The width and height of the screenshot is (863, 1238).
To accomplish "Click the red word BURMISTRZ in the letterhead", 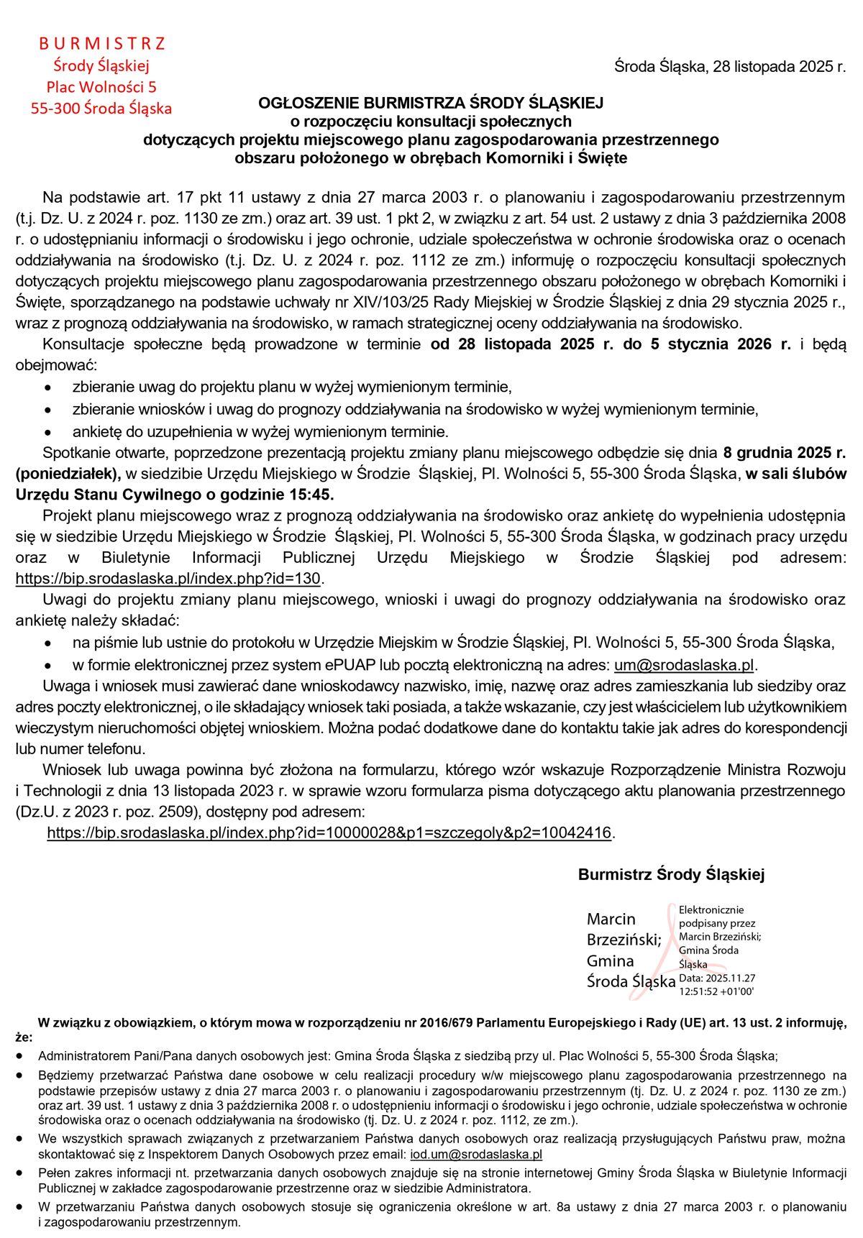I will [101, 44].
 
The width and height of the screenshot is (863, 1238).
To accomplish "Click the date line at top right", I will [730, 68].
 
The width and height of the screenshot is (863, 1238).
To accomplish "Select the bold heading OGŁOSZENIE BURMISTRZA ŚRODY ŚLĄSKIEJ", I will [431, 103].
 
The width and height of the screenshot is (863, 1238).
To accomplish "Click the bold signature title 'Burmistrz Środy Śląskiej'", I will [671, 874].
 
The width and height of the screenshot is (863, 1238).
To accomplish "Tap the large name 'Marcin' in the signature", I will [611, 919].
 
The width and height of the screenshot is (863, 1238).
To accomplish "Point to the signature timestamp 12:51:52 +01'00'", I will [716, 991].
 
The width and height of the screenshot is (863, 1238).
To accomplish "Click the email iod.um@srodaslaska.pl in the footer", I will [475, 1155].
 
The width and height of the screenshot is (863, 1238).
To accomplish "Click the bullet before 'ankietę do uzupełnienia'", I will [47, 433].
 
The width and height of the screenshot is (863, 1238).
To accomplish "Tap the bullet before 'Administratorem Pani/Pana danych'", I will [21, 1056].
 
